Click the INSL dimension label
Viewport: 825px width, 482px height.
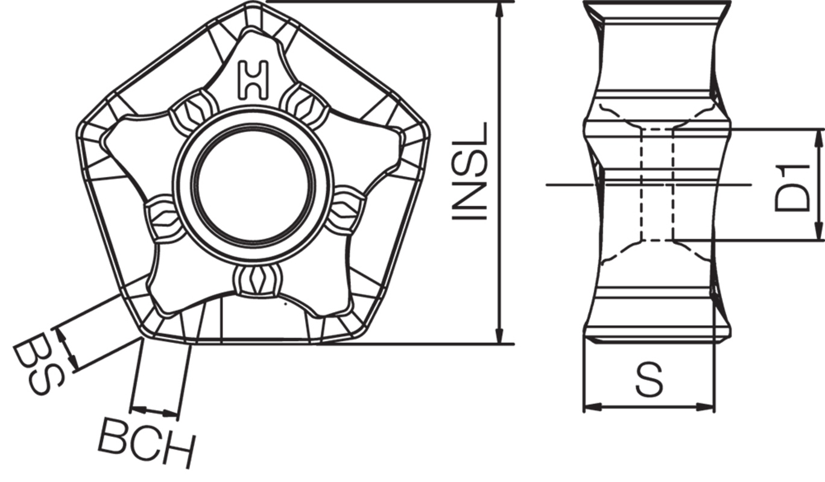tap(470, 172)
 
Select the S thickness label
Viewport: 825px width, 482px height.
tap(650, 380)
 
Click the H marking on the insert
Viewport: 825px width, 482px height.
tap(253, 80)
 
